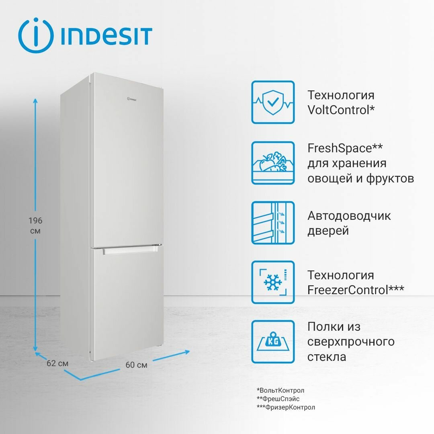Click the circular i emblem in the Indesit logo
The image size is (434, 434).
click(x=36, y=35)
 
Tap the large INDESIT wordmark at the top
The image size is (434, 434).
click(x=106, y=36)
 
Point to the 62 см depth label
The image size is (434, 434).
click(x=57, y=363)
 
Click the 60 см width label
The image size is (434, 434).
click(x=136, y=365)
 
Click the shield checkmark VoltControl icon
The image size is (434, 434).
click(x=273, y=102)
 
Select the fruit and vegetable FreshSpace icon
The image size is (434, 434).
click(x=273, y=163)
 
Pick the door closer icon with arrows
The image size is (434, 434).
click(x=273, y=223)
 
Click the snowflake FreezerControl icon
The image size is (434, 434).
click(x=273, y=282)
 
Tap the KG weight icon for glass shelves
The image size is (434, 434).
click(x=273, y=342)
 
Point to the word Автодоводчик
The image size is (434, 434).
click(x=349, y=216)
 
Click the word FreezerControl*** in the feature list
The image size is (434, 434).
click(x=356, y=290)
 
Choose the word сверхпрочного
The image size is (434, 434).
click(x=351, y=342)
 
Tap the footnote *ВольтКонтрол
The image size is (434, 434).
click(x=280, y=390)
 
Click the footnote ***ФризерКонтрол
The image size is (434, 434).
click(x=286, y=407)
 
